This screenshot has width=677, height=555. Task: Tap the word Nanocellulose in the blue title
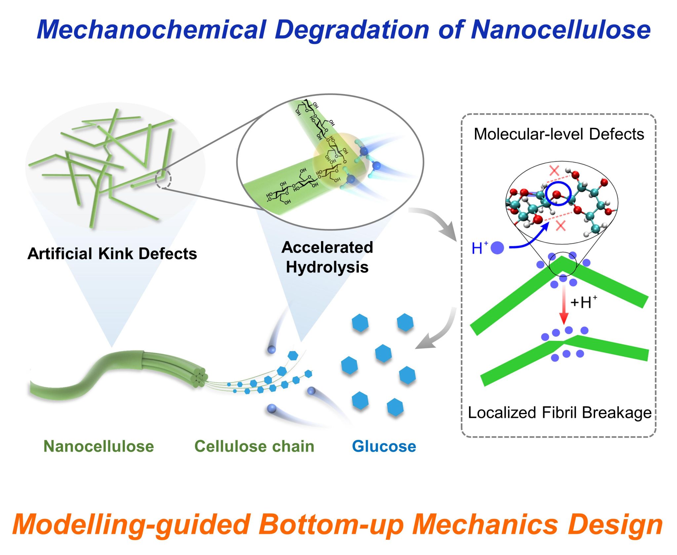[561, 30]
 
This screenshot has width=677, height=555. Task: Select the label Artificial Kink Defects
[112, 254]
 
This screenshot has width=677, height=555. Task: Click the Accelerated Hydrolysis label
[327, 257]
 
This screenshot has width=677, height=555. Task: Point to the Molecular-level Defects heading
[559, 134]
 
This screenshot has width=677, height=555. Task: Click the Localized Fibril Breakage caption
[559, 413]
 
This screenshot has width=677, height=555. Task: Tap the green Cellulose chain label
[254, 446]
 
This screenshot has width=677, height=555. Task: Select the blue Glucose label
[384, 446]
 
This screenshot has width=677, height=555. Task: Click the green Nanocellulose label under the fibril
[99, 446]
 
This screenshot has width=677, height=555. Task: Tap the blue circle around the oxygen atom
[558, 194]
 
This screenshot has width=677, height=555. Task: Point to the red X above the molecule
[554, 170]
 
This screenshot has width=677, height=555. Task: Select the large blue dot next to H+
[497, 248]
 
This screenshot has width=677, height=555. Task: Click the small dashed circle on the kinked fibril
[163, 179]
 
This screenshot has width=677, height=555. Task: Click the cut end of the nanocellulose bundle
[200, 378]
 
